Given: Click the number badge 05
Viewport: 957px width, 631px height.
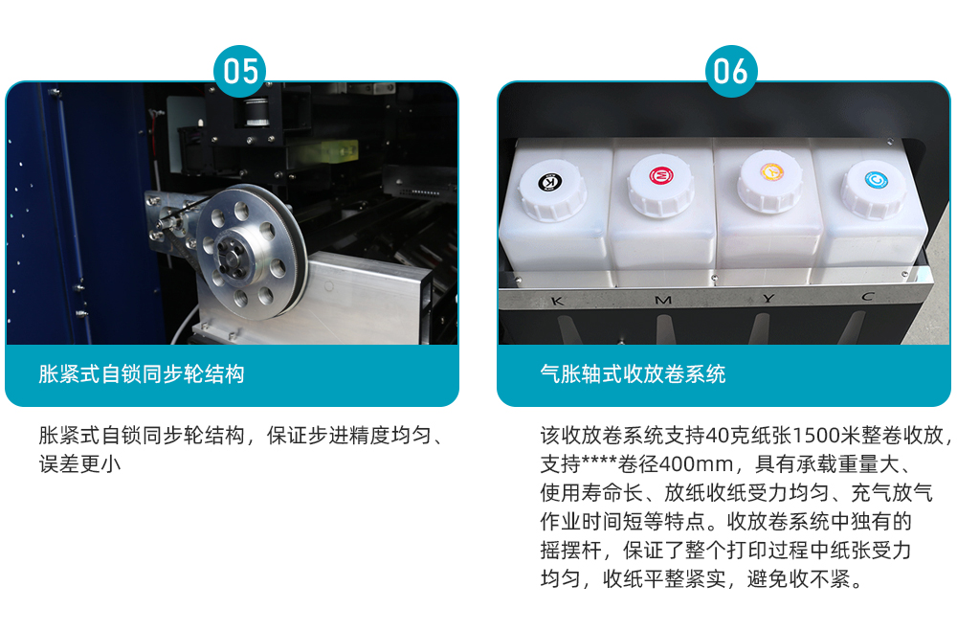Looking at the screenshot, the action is pyautogui.click(x=240, y=71).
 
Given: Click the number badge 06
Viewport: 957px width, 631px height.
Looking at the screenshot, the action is pyautogui.click(x=730, y=71).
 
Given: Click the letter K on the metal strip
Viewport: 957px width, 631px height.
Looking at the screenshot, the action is pyautogui.click(x=557, y=301).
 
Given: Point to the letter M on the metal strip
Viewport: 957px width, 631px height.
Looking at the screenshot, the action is pyautogui.click(x=663, y=300).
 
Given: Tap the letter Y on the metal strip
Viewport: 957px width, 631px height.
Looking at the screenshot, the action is pyautogui.click(x=768, y=299).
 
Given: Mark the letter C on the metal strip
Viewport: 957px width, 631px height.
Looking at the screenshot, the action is pyautogui.click(x=868, y=297).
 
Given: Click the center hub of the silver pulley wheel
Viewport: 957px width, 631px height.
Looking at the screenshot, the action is pyautogui.click(x=234, y=255).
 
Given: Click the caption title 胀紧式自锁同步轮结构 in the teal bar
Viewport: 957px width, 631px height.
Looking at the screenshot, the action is pyautogui.click(x=141, y=373).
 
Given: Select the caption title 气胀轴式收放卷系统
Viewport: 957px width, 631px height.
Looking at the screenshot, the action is pyautogui.click(x=633, y=373).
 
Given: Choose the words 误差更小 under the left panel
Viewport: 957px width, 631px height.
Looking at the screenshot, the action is pyautogui.click(x=79, y=464).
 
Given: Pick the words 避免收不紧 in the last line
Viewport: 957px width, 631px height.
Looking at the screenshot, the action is pyautogui.click(x=798, y=578).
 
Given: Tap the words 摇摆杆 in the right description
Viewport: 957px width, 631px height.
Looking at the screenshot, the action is pyautogui.click(x=571, y=551).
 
